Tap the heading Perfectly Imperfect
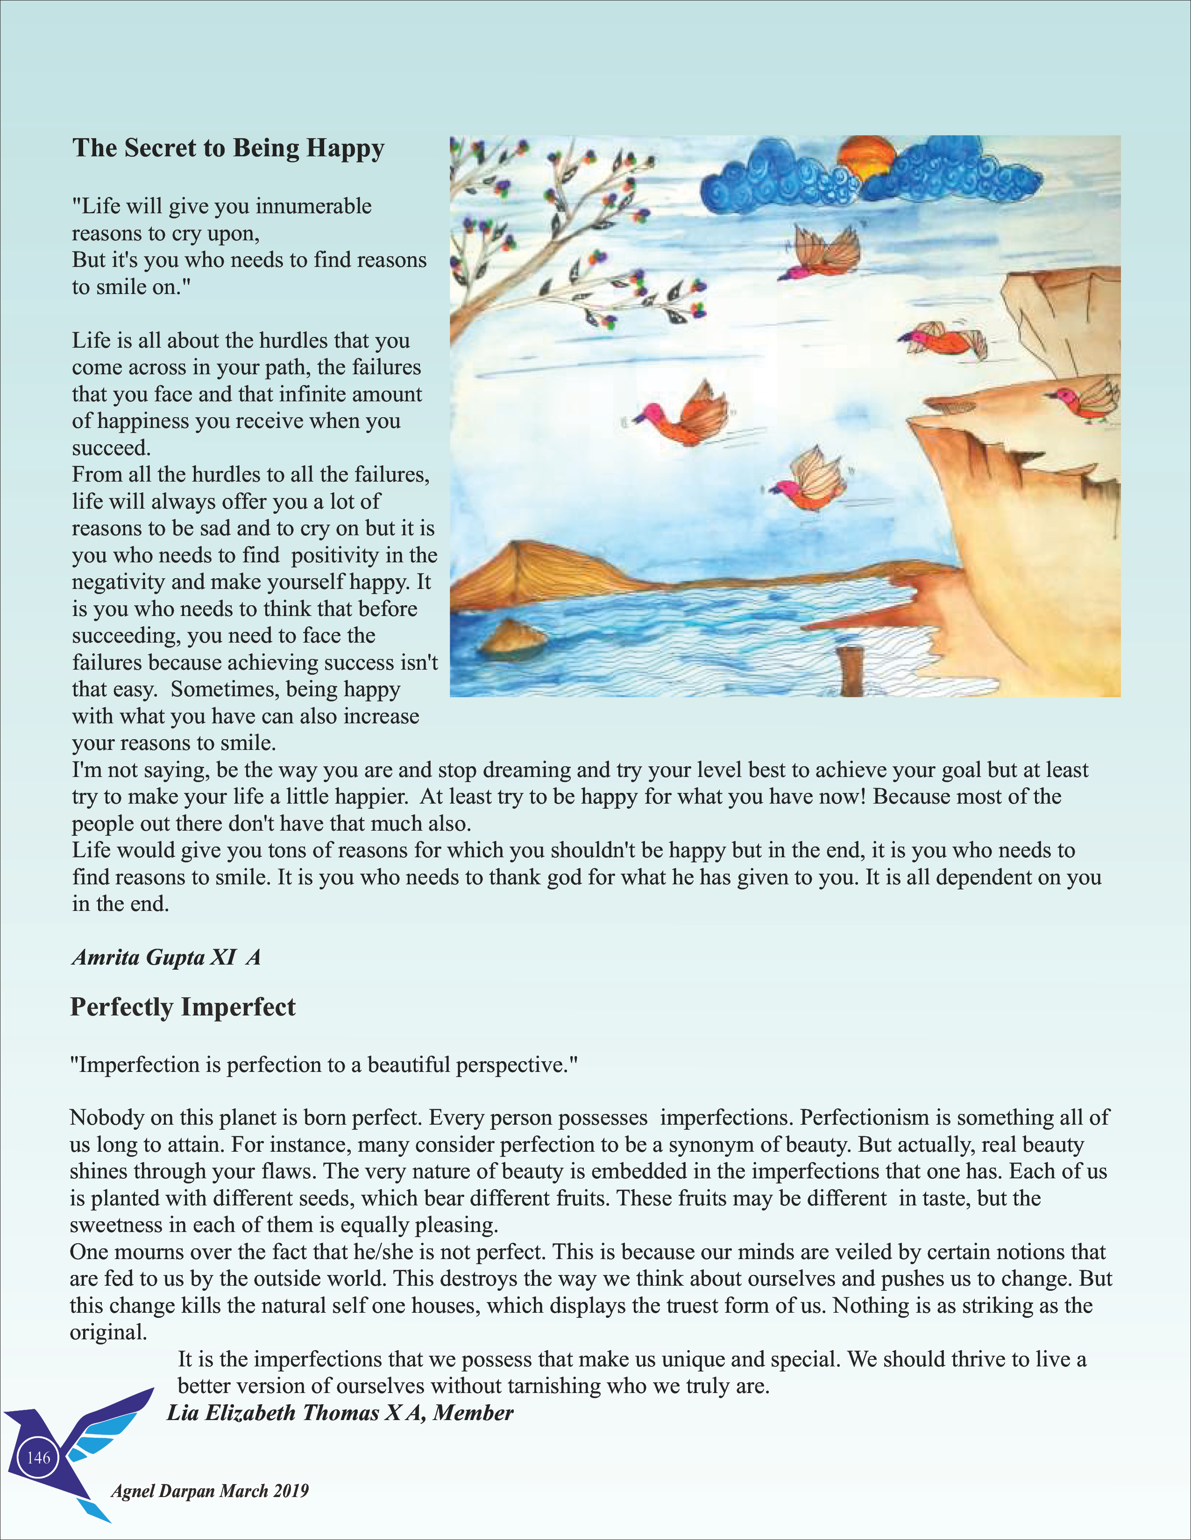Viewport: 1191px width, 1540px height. point(183,1007)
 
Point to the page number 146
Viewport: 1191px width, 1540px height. point(38,1457)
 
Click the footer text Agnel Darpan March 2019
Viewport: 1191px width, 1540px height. point(210,1491)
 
